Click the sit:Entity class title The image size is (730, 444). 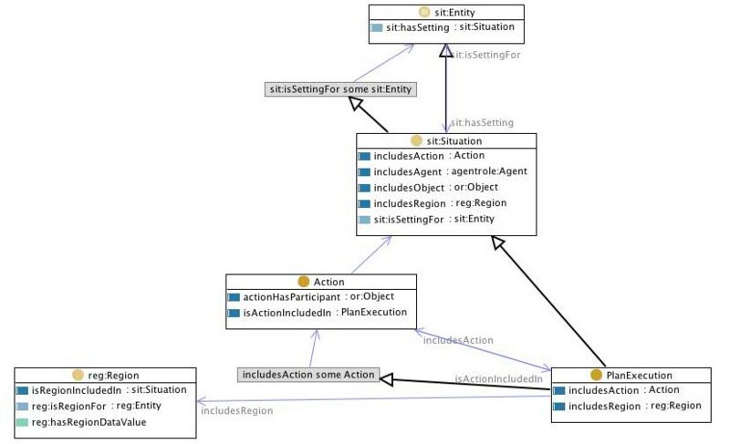[454, 13]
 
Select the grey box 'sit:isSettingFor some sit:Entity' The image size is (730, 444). [340, 89]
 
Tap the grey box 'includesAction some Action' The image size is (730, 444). [308, 375]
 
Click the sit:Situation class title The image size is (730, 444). [454, 141]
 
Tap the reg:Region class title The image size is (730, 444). [113, 376]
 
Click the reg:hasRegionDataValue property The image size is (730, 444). [89, 422]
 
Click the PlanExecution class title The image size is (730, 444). [639, 376]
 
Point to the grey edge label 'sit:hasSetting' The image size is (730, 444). [482, 123]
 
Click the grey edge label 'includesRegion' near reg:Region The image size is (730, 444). [237, 410]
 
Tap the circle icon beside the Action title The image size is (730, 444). [304, 282]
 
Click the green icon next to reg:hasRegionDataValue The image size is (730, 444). [22, 422]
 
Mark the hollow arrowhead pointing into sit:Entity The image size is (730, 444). [445, 51]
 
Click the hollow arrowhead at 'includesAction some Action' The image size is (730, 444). [386, 379]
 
